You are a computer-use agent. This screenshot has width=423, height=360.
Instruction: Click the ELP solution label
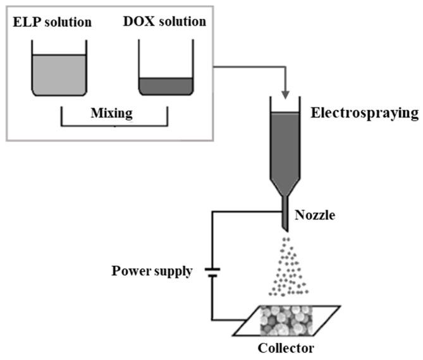(x=52, y=23)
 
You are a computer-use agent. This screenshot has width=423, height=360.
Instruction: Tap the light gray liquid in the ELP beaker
(x=59, y=75)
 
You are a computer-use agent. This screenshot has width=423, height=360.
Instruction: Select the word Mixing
(x=114, y=114)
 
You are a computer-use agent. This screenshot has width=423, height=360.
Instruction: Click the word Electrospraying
(x=364, y=114)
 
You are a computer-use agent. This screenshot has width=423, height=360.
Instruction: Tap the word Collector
(x=285, y=348)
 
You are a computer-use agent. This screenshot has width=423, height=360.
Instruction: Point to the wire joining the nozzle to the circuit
(x=247, y=212)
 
